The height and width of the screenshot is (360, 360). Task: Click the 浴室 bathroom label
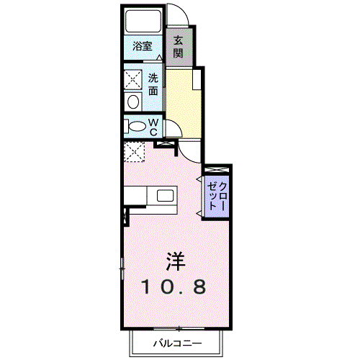coord(143,47)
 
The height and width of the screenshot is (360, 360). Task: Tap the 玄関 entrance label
coord(177,47)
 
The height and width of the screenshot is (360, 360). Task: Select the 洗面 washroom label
coord(153,85)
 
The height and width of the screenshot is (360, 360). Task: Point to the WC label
coord(153,127)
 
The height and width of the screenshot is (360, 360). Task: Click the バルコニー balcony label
coord(176,343)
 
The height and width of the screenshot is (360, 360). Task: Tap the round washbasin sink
coord(132,102)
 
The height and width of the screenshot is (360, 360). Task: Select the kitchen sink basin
coord(165,195)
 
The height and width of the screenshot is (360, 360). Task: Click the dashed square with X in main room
coord(134,151)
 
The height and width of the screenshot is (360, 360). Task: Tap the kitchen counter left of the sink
coord(137,195)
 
